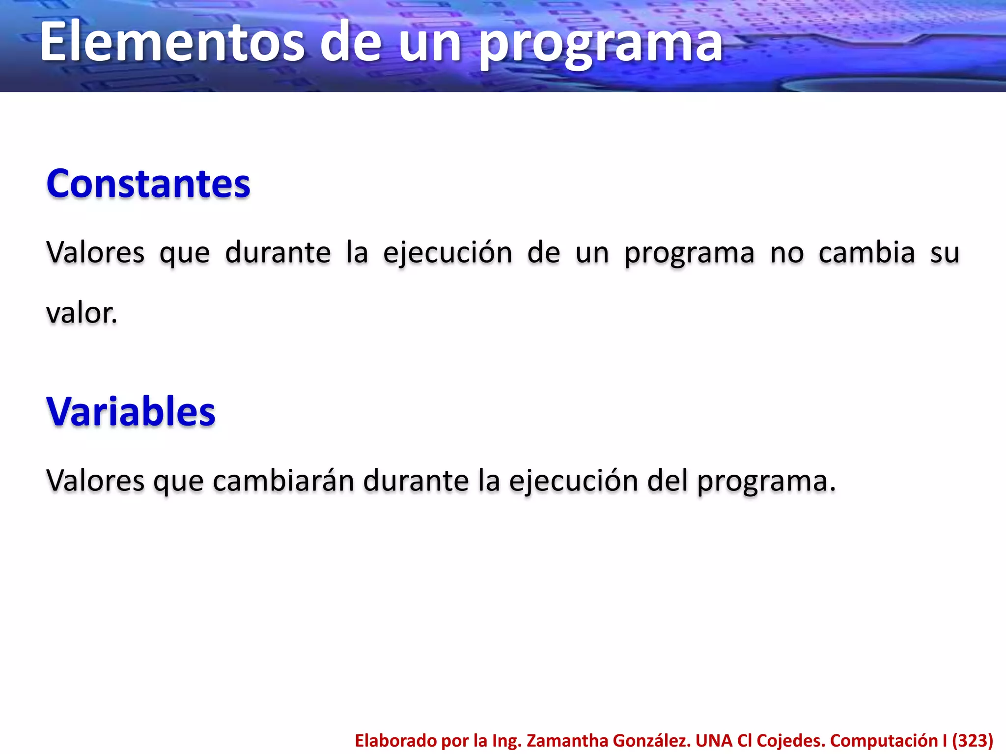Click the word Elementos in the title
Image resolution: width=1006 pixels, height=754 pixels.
tap(172, 43)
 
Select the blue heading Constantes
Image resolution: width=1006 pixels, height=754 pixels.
tap(148, 184)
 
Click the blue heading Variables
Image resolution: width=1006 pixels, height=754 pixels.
tap(131, 411)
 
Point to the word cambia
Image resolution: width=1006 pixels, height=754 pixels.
tap(866, 253)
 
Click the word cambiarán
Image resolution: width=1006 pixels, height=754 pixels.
tap(283, 481)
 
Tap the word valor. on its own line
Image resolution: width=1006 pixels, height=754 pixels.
tap(82, 313)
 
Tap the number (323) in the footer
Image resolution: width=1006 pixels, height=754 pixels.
tap(973, 740)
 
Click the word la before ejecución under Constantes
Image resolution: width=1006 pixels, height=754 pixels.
tap(357, 253)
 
